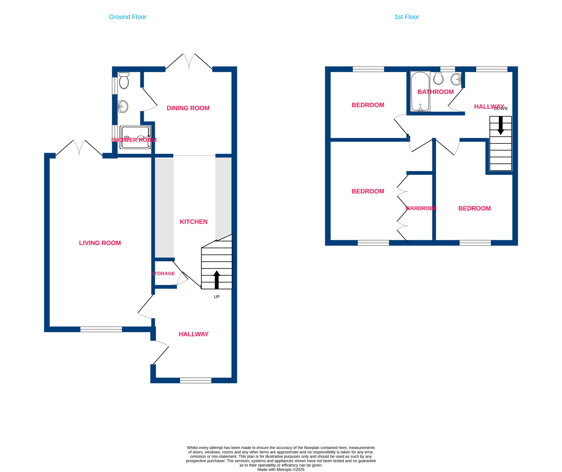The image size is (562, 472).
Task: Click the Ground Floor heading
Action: click(x=128, y=17)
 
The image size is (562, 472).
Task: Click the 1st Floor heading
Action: click(x=406, y=17)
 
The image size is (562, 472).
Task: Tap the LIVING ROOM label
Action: click(x=100, y=243)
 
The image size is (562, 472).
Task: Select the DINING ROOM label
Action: click(x=188, y=108)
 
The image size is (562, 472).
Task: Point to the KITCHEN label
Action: click(x=194, y=222)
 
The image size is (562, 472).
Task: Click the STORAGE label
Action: click(x=163, y=273)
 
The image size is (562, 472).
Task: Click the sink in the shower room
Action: click(x=123, y=107)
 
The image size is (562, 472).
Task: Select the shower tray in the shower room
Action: click(x=135, y=137)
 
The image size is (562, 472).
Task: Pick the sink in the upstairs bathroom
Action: click(x=456, y=79)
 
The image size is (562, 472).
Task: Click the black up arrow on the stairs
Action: click(x=217, y=280)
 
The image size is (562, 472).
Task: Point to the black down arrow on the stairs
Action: click(x=501, y=125)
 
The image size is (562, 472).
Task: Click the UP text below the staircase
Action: click(x=217, y=297)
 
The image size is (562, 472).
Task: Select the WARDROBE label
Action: click(x=421, y=208)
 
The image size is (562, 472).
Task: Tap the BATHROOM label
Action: click(x=436, y=92)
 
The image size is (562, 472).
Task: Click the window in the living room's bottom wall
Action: click(x=101, y=329)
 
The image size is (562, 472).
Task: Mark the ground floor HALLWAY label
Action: click(x=193, y=334)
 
